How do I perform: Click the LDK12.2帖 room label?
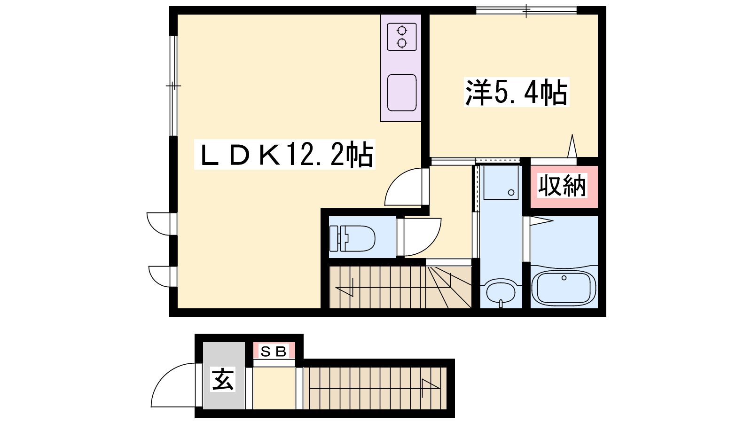click(285, 155)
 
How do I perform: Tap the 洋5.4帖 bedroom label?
click(517, 92)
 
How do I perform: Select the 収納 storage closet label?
click(562, 185)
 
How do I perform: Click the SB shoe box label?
click(274, 352)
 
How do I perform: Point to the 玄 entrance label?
click(223, 379)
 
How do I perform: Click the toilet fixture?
click(352, 238)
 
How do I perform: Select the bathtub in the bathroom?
click(564, 288)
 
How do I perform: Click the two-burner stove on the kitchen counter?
click(402, 37)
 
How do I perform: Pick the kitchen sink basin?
click(402, 93)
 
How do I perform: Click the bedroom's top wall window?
click(526, 10)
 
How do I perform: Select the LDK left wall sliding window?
click(173, 86)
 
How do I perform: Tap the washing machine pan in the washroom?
click(501, 183)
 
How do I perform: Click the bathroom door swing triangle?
click(541, 221)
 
